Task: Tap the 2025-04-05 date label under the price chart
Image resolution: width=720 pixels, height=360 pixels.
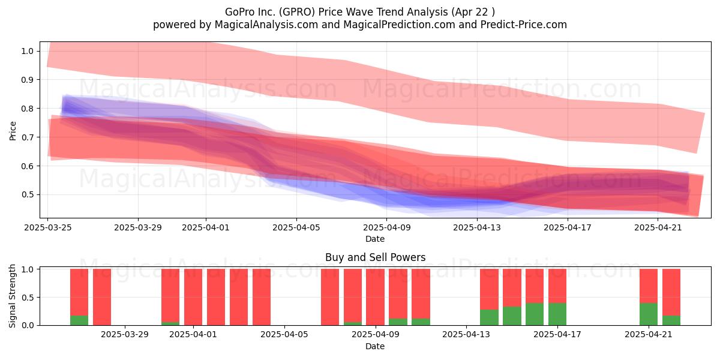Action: tap(296, 227)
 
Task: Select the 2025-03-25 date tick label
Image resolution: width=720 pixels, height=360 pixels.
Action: tap(48, 227)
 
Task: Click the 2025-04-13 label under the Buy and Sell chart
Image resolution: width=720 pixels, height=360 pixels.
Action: tap(466, 335)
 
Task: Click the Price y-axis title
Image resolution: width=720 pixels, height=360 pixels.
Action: tap(13, 131)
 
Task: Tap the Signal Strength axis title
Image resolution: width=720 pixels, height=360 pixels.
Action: tap(12, 296)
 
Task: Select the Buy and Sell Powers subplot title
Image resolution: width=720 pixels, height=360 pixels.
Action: tap(375, 257)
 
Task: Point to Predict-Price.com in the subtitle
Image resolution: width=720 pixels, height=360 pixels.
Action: tap(524, 25)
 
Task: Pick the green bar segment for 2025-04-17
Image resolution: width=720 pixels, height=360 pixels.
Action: tap(557, 314)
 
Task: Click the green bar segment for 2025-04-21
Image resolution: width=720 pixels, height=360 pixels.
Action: tap(649, 314)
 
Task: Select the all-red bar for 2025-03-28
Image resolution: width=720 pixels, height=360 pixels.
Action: tap(102, 297)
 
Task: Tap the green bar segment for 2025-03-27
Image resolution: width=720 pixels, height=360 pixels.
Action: tap(79, 320)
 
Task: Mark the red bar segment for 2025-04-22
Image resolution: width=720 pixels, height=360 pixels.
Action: tap(671, 292)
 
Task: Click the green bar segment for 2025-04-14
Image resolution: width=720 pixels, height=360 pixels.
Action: tap(489, 317)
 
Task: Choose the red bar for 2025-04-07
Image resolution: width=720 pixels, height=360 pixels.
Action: tap(330, 297)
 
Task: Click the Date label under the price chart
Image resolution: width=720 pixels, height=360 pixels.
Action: tap(375, 239)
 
